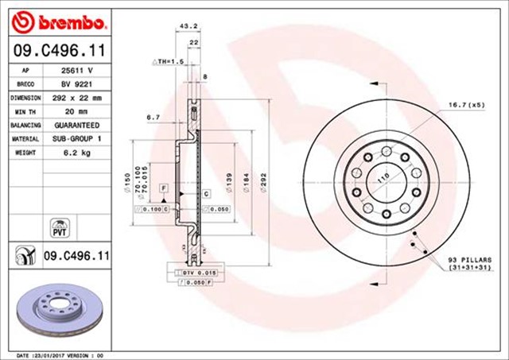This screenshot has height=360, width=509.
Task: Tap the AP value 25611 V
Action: pyautogui.click(x=76, y=70)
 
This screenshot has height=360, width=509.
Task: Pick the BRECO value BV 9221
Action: pyautogui.click(x=76, y=83)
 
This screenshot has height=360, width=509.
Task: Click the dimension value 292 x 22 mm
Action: pyautogui.click(x=76, y=98)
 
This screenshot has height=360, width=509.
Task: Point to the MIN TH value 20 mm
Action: pyautogui.click(x=76, y=111)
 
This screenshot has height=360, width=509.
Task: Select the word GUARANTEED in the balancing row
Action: pyautogui.click(x=76, y=125)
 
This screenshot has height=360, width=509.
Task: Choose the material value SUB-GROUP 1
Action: pyautogui.click(x=76, y=138)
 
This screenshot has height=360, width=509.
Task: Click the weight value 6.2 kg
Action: pyautogui.click(x=76, y=152)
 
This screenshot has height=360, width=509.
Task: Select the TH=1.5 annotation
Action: pyautogui.click(x=169, y=60)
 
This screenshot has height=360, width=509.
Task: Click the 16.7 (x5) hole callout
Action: pyautogui.click(x=467, y=104)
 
